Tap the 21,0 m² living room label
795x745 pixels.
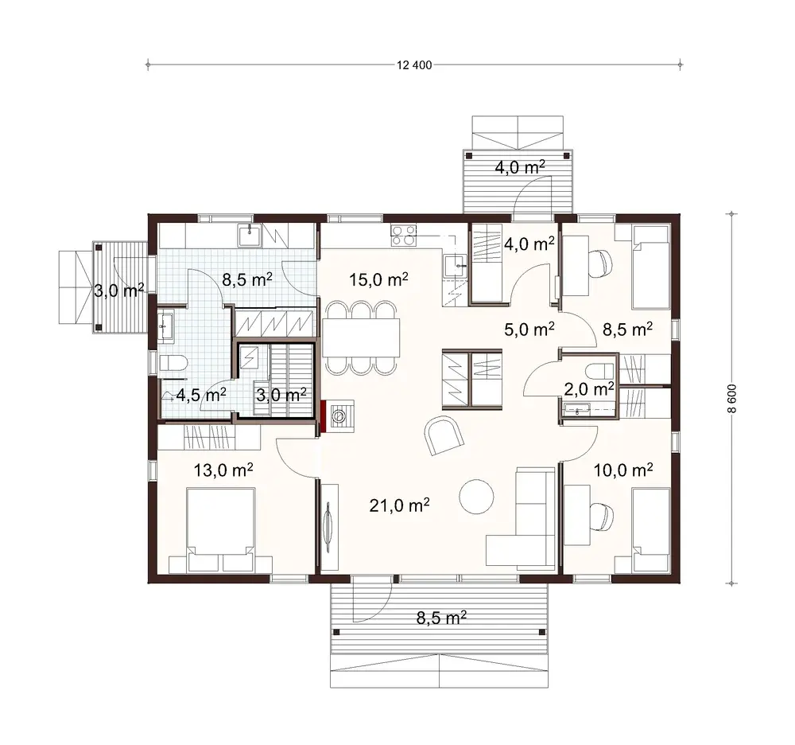401,504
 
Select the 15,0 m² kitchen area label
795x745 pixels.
379,279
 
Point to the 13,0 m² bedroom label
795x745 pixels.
223,470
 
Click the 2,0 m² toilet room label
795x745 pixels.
588,388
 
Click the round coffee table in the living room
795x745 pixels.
477,496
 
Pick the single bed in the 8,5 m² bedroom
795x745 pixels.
650,267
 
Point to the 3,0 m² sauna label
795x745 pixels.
281,394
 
